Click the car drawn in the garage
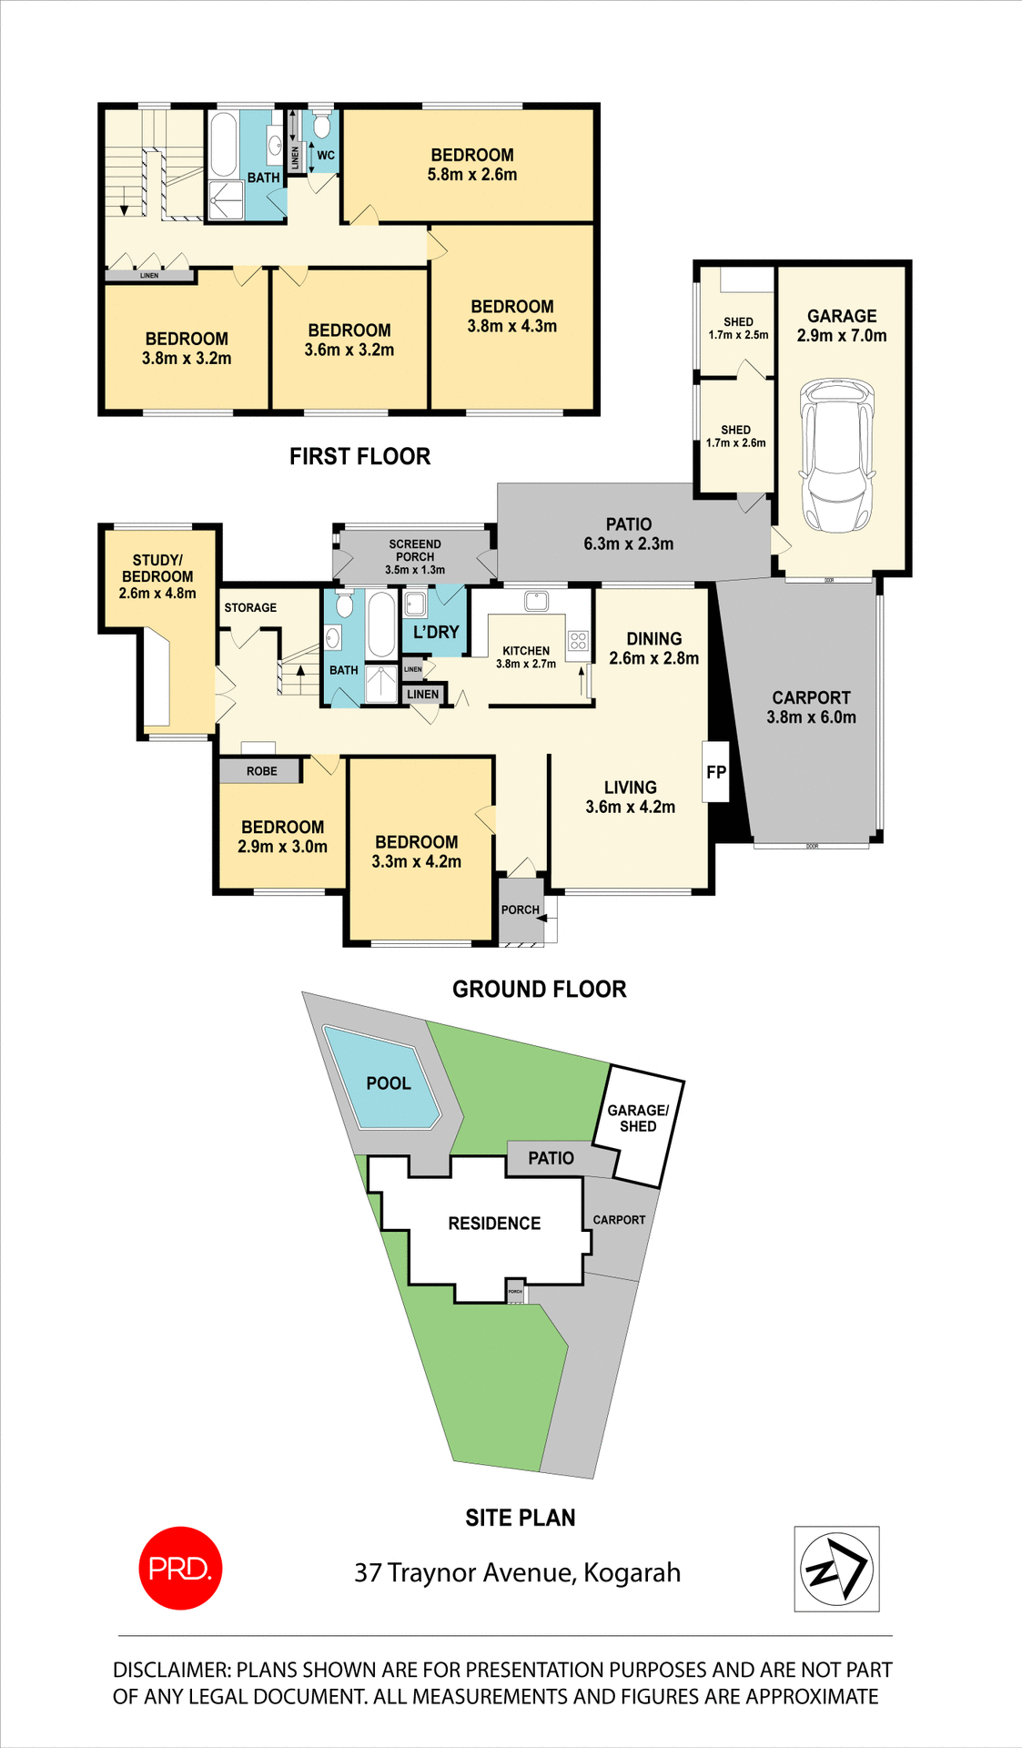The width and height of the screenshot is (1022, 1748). tap(836, 457)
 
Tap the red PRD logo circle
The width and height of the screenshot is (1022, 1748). tap(180, 1568)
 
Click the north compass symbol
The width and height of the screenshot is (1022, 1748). tap(836, 1569)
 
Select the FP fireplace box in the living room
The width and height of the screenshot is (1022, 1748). tap(716, 772)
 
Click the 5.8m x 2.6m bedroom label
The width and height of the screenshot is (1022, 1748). tap(472, 165)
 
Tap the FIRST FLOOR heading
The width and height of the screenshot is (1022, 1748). tap(359, 456)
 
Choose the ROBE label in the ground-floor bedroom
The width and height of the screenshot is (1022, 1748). tap(261, 771)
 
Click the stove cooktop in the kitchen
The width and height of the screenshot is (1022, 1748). tap(579, 640)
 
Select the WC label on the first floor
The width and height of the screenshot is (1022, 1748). tap(326, 156)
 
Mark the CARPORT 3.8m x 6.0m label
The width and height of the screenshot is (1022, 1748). tap(811, 707)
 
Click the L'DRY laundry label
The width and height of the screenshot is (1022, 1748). tap(436, 632)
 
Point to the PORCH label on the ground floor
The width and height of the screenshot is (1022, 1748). tap(520, 910)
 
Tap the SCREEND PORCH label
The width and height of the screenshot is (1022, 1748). tap(415, 556)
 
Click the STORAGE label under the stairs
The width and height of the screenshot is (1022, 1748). tap(250, 607)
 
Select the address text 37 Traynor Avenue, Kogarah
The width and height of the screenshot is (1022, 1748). tap(517, 1572)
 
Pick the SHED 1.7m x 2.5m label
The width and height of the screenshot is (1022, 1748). tap(738, 328)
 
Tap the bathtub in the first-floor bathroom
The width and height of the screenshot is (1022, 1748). tap(224, 145)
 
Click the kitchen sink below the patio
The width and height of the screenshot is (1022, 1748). tap(535, 600)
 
